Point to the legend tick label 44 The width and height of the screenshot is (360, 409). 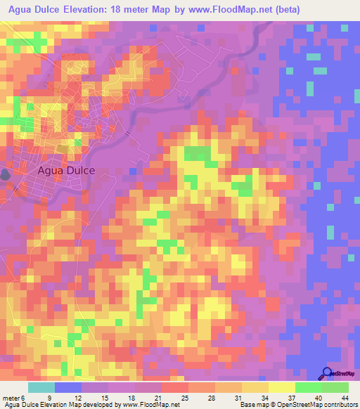pyautogui.click(x=344, y=398)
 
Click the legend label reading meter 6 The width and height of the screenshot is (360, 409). pyautogui.click(x=14, y=398)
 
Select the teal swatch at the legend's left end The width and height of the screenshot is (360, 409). pyautogui.click(x=41, y=387)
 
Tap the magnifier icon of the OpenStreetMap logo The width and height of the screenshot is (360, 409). pyautogui.click(x=326, y=373)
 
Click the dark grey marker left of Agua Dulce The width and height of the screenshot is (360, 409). pyautogui.click(x=5, y=174)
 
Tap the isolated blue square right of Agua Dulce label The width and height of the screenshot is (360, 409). pyautogui.click(x=131, y=170)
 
